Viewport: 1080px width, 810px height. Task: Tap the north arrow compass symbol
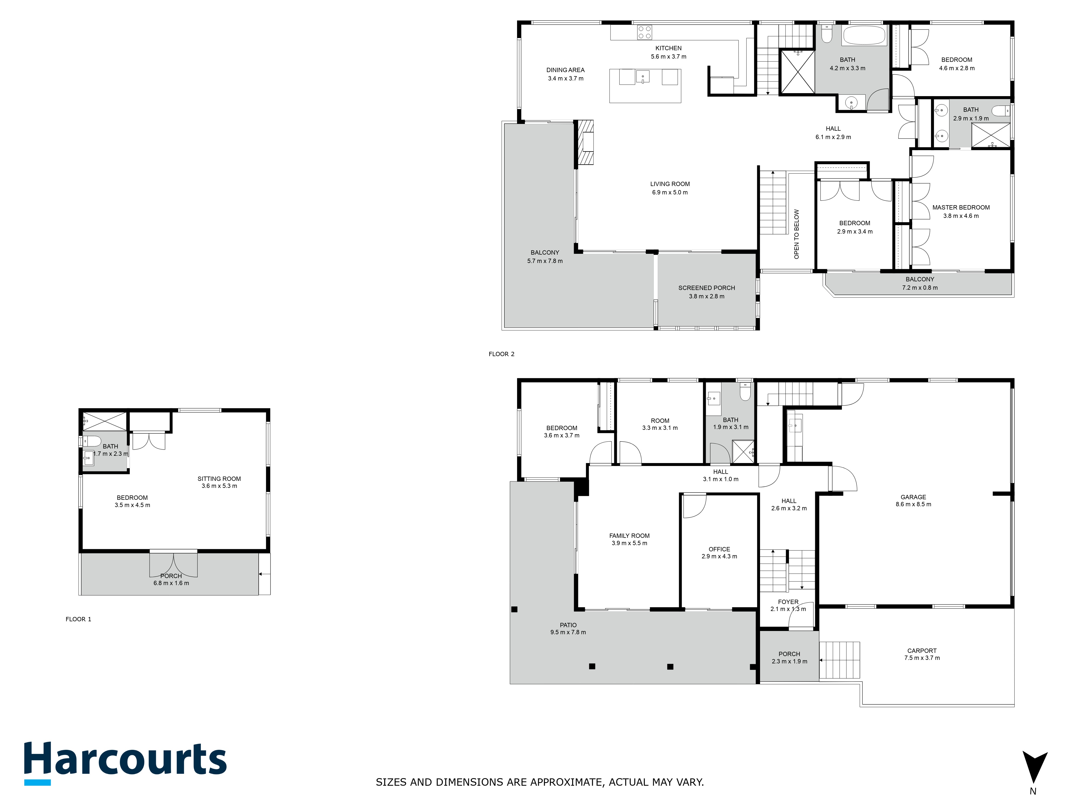(1035, 767)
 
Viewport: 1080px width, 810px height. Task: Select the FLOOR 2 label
(501, 354)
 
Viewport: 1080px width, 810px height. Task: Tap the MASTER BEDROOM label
(961, 208)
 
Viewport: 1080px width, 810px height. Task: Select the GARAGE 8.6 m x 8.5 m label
(913, 501)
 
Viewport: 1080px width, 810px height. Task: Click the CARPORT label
(922, 651)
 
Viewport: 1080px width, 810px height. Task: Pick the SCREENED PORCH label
(707, 288)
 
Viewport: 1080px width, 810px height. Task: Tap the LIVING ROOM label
(670, 184)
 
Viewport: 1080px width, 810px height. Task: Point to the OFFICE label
(719, 549)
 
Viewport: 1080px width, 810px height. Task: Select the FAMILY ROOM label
(629, 536)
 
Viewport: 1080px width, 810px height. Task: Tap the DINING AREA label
(565, 70)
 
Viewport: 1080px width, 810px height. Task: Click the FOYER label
(788, 602)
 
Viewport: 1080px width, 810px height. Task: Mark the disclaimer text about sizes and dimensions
(539, 782)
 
